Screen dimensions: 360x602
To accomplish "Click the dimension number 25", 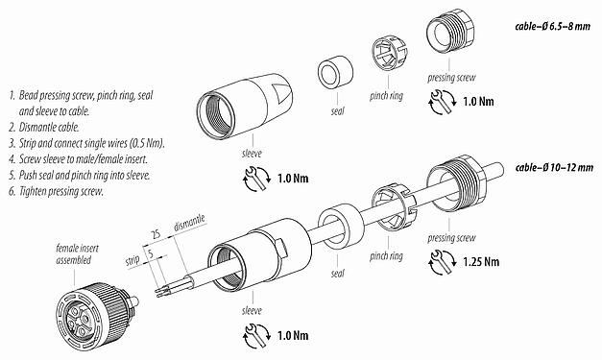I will [x=155, y=232].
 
